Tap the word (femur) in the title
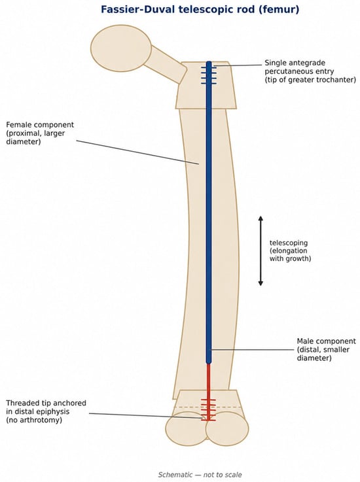(x=279, y=10)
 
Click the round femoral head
(x=121, y=48)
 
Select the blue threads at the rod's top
(x=209, y=75)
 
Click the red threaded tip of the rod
(x=208, y=409)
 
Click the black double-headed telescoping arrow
(x=261, y=251)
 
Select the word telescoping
(x=288, y=243)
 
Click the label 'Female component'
(x=40, y=125)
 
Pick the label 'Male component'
(x=326, y=341)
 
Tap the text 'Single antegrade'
(x=295, y=63)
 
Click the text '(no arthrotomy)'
(x=34, y=420)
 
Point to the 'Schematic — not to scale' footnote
(x=200, y=475)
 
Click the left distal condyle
(x=187, y=428)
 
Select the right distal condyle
(x=227, y=428)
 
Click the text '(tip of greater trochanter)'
(x=310, y=80)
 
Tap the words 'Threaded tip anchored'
(x=46, y=403)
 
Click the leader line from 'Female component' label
(x=137, y=152)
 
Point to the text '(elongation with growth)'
(x=290, y=255)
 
